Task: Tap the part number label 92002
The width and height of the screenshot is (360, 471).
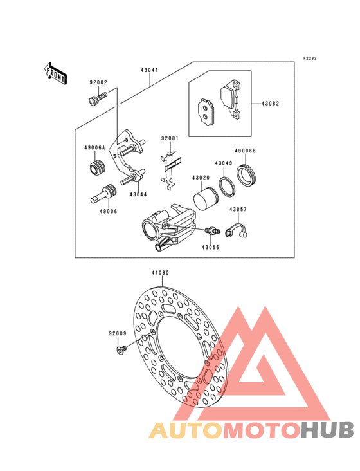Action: pyautogui.click(x=98, y=82)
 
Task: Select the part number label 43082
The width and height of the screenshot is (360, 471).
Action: pyautogui.click(x=270, y=103)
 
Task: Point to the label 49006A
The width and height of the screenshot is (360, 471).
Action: pyautogui.click(x=94, y=148)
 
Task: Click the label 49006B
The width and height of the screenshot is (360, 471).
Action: pyautogui.click(x=246, y=151)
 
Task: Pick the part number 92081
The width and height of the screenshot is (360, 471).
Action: pyautogui.click(x=170, y=138)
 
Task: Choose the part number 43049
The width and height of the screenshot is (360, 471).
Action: pyautogui.click(x=224, y=163)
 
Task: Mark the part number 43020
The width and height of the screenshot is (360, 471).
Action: pyautogui.click(x=201, y=178)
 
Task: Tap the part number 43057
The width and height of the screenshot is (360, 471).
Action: pyautogui.click(x=238, y=210)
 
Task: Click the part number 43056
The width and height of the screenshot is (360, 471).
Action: pyautogui.click(x=210, y=246)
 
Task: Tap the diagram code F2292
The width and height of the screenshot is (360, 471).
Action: pyautogui.click(x=310, y=59)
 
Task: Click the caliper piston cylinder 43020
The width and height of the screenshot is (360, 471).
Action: pyautogui.click(x=204, y=196)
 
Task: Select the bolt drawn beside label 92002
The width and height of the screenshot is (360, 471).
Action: pyautogui.click(x=96, y=99)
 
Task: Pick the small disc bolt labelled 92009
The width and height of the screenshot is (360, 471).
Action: pyautogui.click(x=120, y=349)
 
